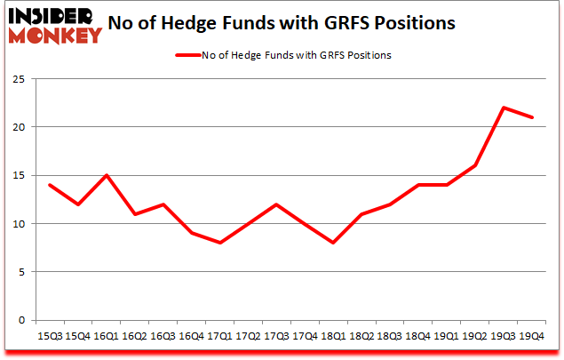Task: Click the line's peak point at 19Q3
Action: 504,108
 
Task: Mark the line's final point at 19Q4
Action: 532,117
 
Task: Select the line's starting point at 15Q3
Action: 50,185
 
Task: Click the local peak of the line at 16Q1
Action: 107,175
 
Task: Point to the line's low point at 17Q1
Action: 219,243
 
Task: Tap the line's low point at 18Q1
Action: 333,243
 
